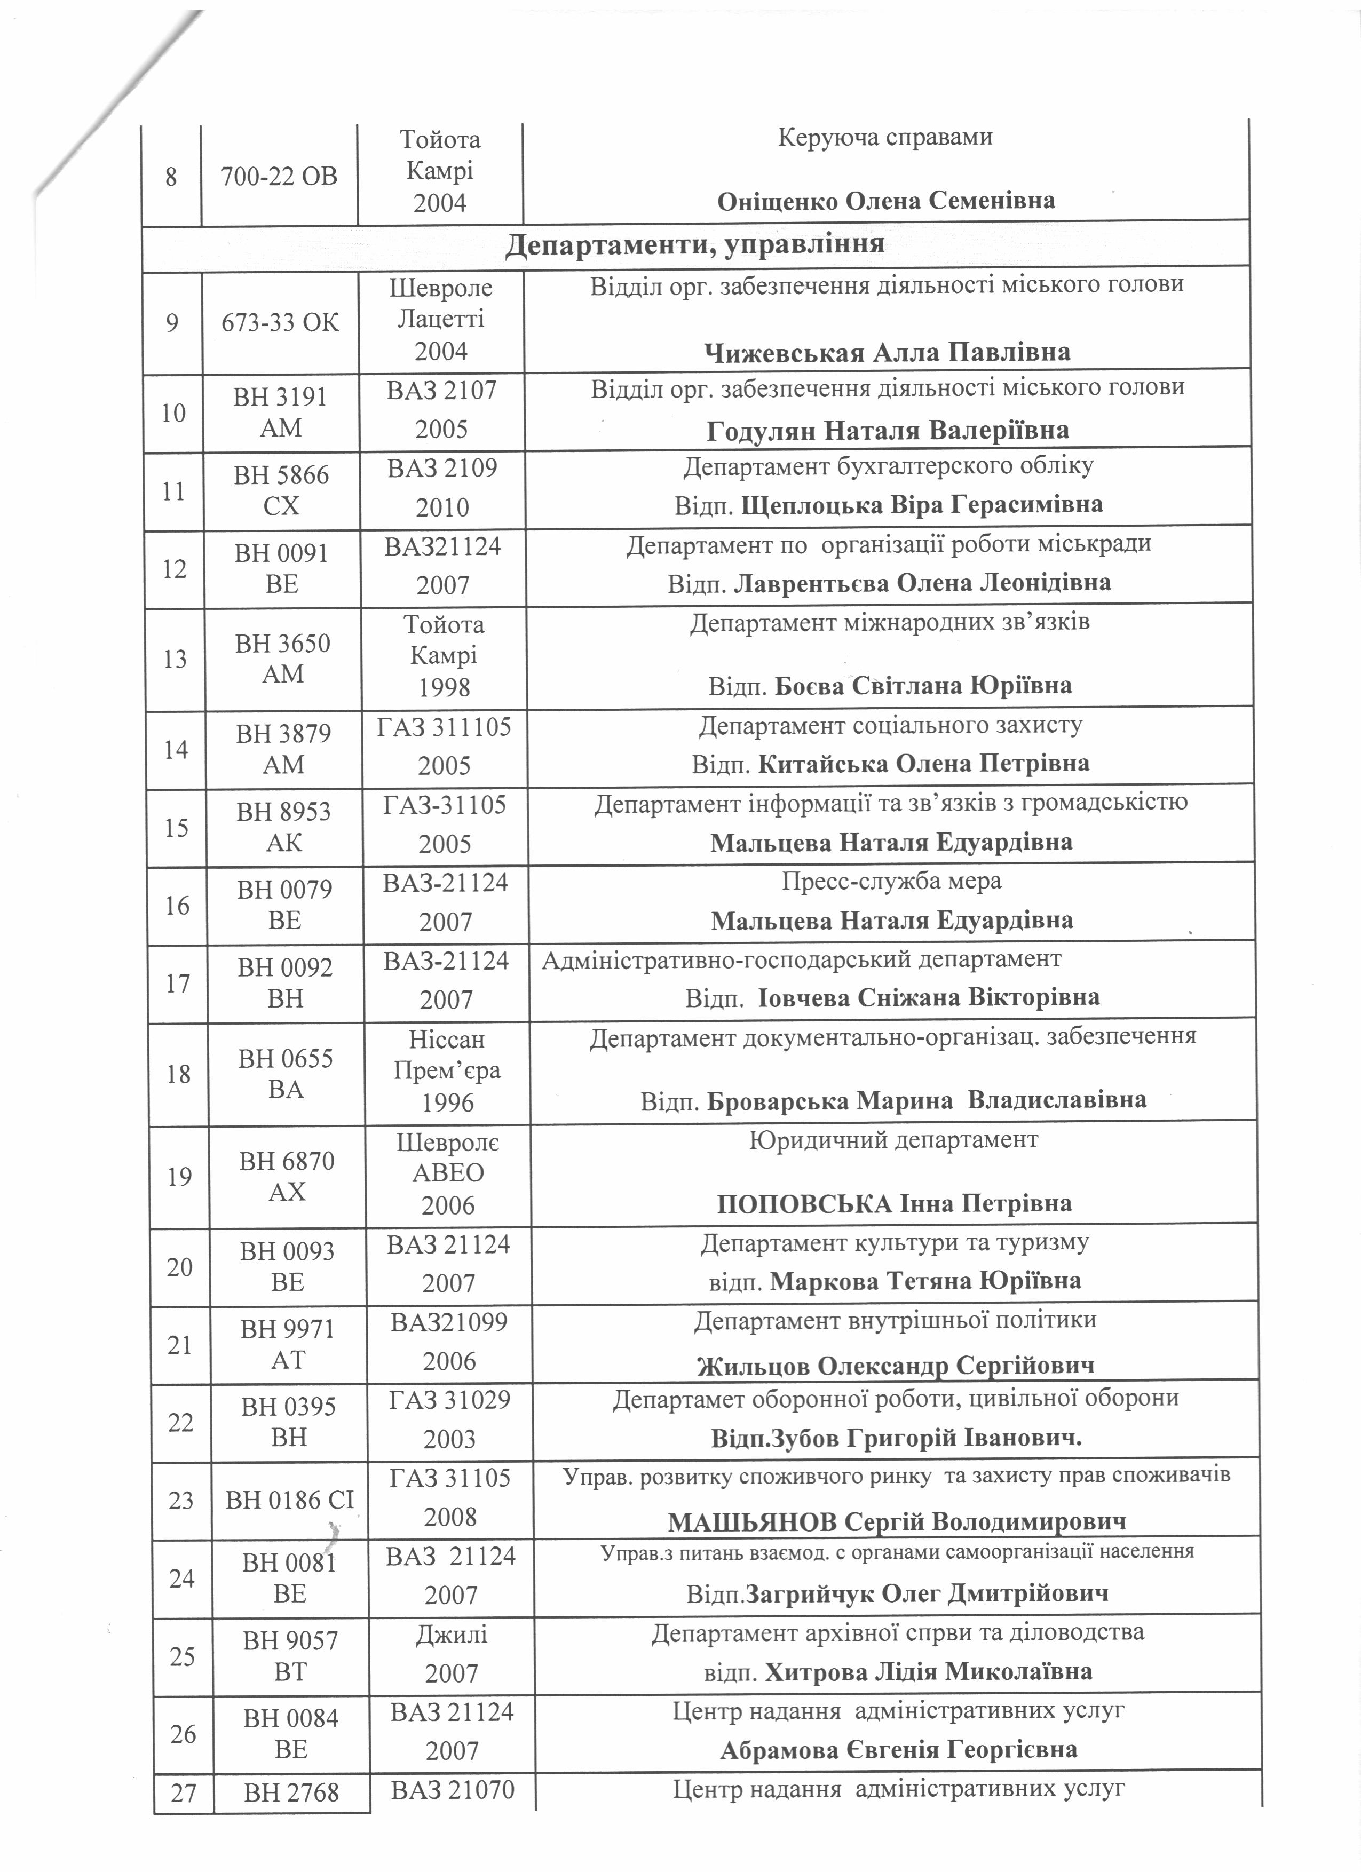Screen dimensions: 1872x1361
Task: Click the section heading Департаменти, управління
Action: [x=694, y=244]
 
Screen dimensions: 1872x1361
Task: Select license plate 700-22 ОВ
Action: [x=279, y=176]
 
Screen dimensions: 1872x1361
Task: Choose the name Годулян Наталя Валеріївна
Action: [x=888, y=431]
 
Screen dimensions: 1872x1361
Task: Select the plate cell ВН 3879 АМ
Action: [x=283, y=749]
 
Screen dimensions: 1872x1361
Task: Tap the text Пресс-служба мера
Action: [x=891, y=882]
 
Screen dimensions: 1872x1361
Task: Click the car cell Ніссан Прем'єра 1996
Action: [x=447, y=1070]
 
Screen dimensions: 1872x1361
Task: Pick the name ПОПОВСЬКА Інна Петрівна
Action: [x=894, y=1203]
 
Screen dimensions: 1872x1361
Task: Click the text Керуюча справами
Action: [x=885, y=137]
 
